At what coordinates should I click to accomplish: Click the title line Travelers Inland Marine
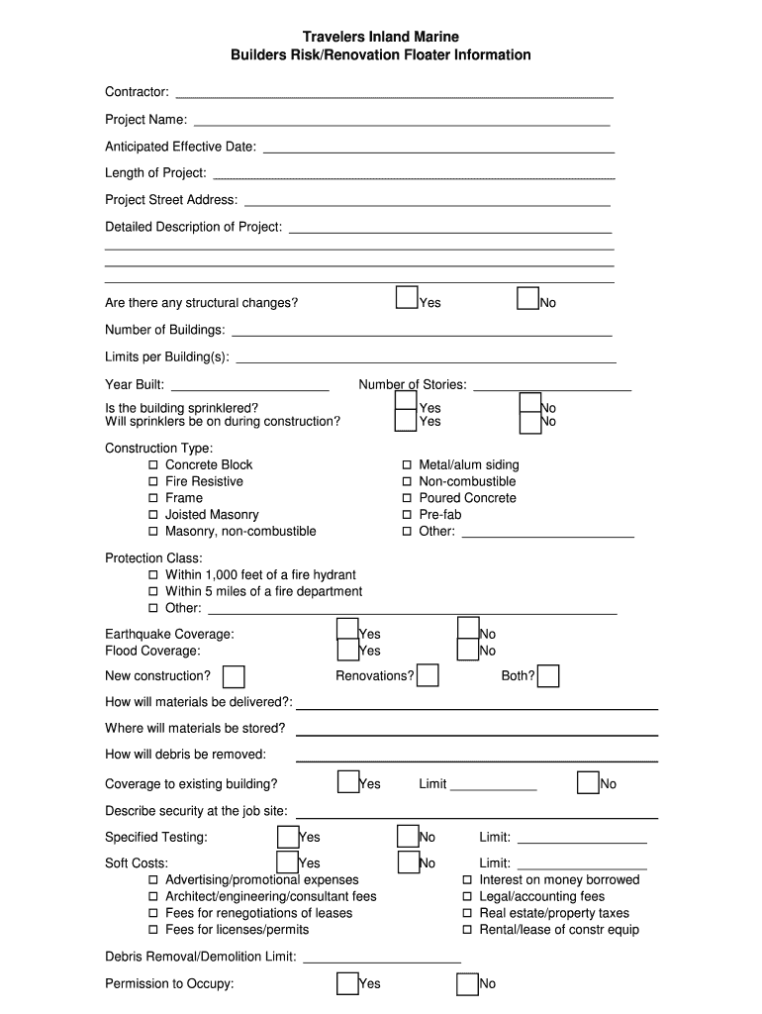pyautogui.click(x=380, y=37)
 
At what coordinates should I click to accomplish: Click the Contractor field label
pyautogui.click(x=137, y=92)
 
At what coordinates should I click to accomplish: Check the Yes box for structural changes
pyautogui.click(x=406, y=298)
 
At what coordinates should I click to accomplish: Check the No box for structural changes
pyautogui.click(x=527, y=298)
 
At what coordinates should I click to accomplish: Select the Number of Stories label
pyautogui.click(x=412, y=385)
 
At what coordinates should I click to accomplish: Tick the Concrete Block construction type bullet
pyautogui.click(x=153, y=465)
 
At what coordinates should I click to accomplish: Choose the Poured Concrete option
pyautogui.click(x=407, y=498)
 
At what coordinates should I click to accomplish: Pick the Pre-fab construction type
pyautogui.click(x=407, y=515)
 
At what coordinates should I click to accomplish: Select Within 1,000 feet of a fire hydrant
pyautogui.click(x=153, y=575)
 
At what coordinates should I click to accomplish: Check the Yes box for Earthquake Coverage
pyautogui.click(x=347, y=629)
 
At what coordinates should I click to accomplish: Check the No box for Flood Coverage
pyautogui.click(x=468, y=650)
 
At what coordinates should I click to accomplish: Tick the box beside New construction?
pyautogui.click(x=234, y=676)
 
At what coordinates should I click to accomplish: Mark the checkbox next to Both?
pyautogui.click(x=548, y=676)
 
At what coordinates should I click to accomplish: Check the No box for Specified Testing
pyautogui.click(x=408, y=837)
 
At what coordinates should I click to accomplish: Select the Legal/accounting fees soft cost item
pyautogui.click(x=467, y=897)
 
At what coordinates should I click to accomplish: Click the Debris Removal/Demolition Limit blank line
pyautogui.click(x=382, y=960)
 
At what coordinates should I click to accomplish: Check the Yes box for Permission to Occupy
pyautogui.click(x=347, y=983)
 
